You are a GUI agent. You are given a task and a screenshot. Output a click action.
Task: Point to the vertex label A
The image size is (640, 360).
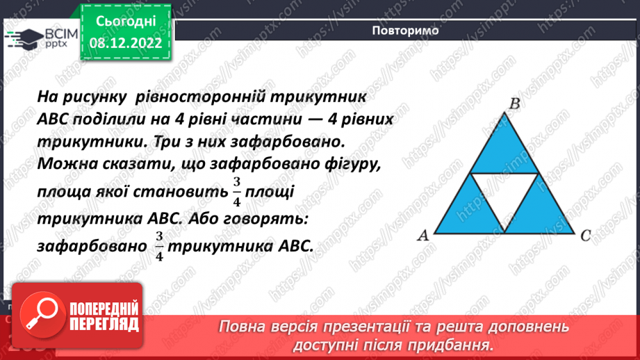(x=422, y=236)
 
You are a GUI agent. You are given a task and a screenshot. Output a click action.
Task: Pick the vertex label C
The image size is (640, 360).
(x=585, y=236)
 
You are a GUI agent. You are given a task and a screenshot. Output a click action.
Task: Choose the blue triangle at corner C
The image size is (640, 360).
(x=541, y=215)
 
